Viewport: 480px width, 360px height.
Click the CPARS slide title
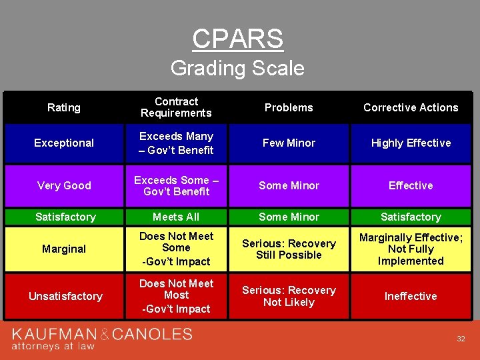pos(238,39)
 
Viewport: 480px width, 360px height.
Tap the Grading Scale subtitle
pos(237,68)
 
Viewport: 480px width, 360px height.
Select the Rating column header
pos(64,107)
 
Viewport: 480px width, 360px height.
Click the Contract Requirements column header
pos(176,107)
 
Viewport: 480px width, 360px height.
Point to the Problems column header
pos(289,107)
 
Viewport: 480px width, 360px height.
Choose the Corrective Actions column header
pos(411,107)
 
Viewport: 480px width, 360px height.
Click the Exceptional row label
pos(64,143)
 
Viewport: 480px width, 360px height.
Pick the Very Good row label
pos(64,185)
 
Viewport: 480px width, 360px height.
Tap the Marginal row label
pos(64,249)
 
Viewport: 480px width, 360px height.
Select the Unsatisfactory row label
pos(65,296)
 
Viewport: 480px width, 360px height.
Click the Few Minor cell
pos(289,143)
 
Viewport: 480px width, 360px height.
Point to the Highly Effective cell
pos(411,143)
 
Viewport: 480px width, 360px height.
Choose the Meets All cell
pos(176,217)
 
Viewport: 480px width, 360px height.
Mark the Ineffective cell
pos(411,296)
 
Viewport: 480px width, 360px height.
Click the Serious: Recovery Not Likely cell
pos(289,296)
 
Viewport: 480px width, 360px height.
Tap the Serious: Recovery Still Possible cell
pos(289,249)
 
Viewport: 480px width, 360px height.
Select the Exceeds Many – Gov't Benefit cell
pos(176,143)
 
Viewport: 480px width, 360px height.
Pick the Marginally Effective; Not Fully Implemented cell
pos(411,249)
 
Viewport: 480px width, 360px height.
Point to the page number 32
pos(461,339)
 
